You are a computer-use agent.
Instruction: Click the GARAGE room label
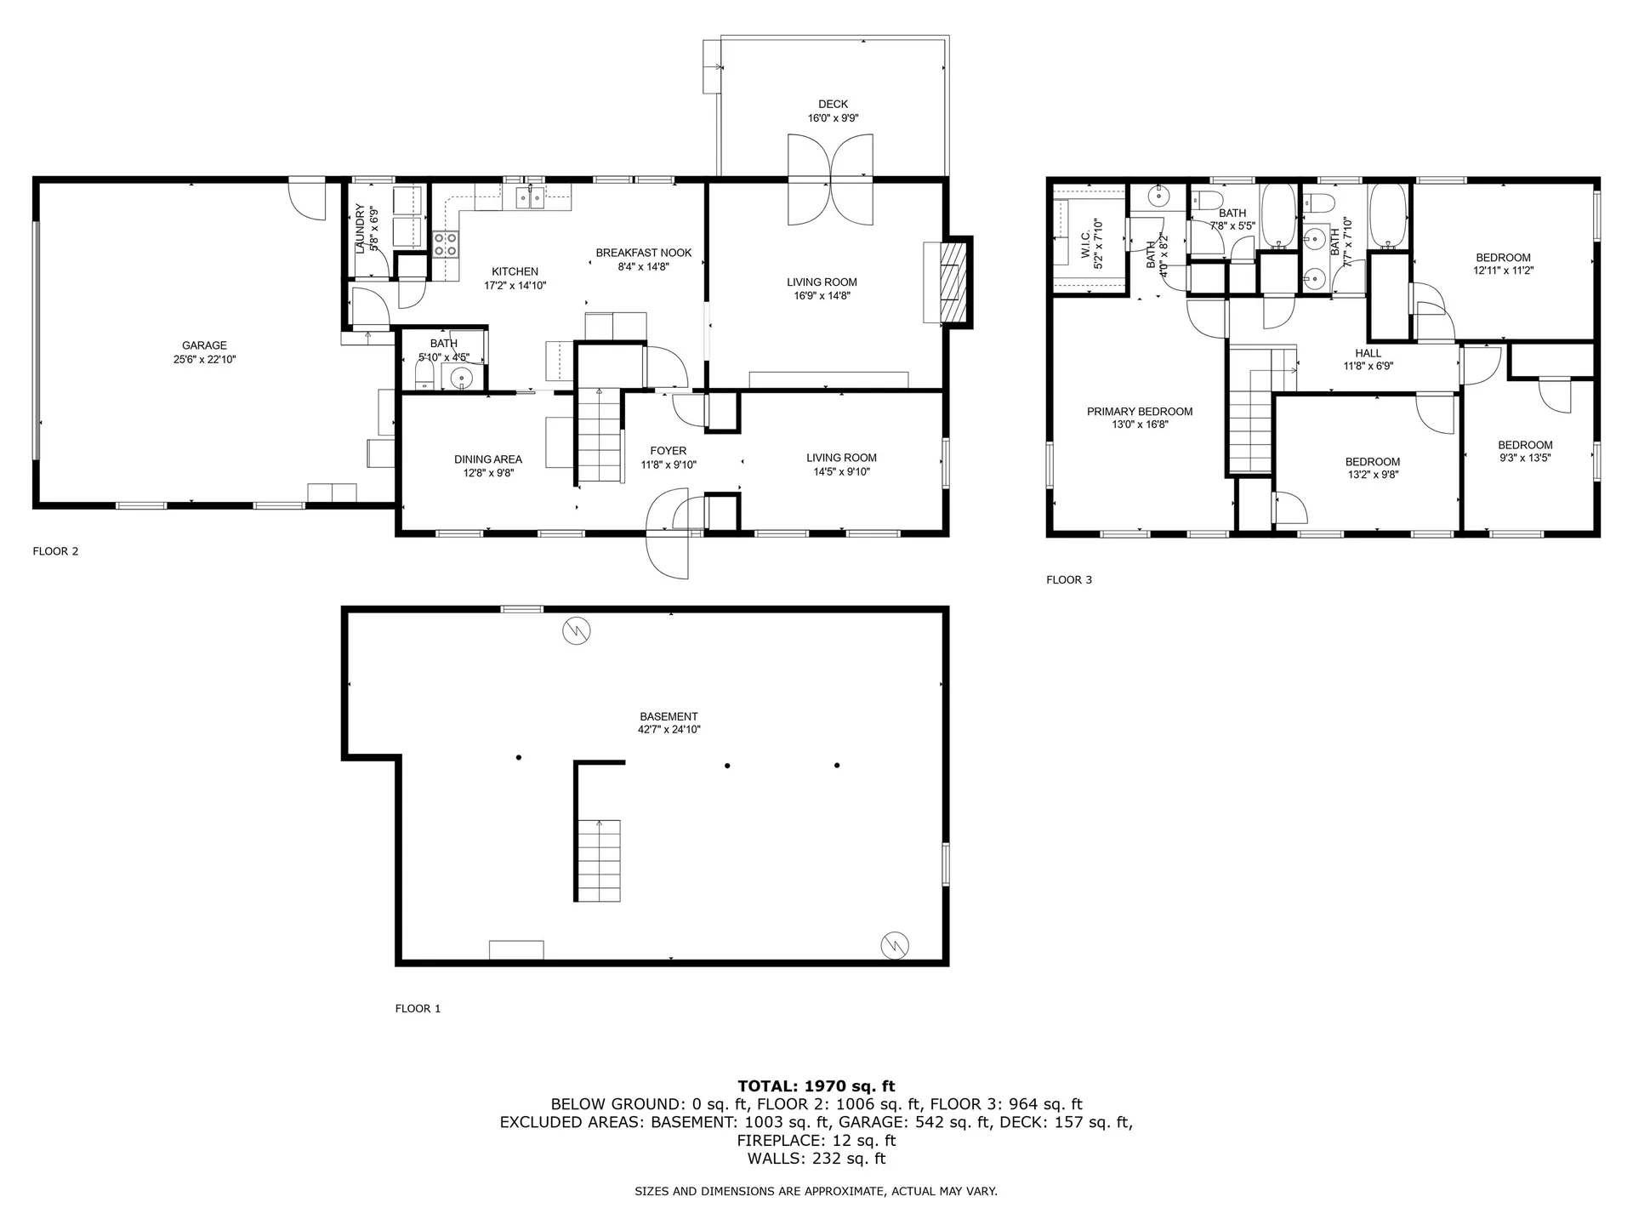204,345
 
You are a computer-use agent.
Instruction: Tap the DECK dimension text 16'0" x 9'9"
833,119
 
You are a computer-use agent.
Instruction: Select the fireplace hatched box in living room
953,282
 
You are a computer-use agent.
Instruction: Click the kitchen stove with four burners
446,245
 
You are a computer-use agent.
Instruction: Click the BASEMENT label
669,716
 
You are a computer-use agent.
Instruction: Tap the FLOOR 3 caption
1068,580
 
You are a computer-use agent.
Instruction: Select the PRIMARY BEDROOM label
1140,412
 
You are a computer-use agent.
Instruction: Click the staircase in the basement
599,859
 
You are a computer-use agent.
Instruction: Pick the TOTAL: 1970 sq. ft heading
816,1085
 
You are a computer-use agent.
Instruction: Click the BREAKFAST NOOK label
643,253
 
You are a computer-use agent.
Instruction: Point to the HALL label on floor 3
1368,353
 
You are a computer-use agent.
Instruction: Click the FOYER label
668,451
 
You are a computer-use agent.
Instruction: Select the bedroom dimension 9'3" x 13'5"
1525,458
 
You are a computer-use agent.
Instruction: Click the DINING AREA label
487,459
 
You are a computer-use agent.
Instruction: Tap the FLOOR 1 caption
418,1009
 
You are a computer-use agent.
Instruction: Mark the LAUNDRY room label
360,228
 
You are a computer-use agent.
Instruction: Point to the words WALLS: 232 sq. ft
816,1159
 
